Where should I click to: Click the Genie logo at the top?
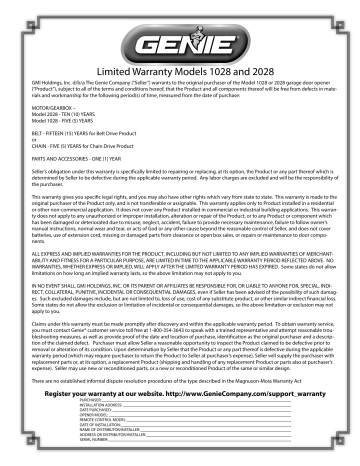(x=180, y=45)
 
